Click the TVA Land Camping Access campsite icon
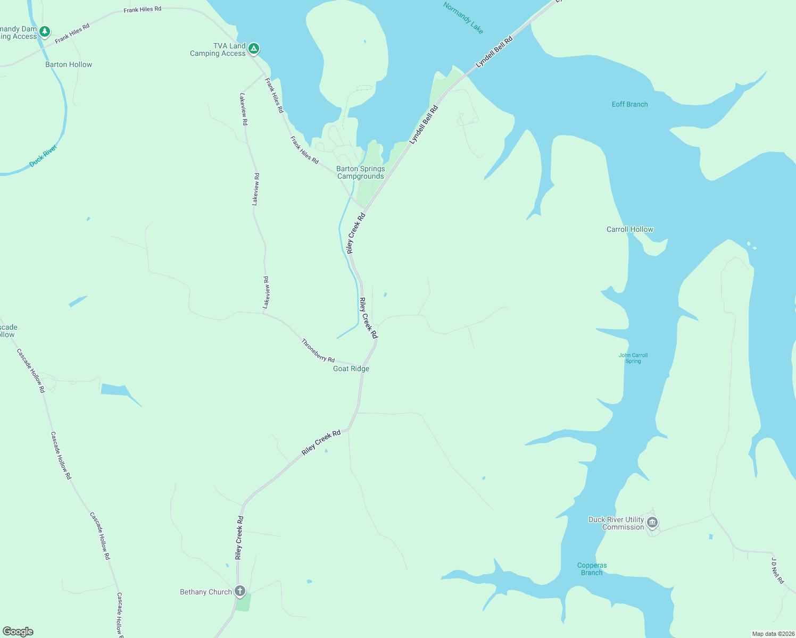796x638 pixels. click(254, 49)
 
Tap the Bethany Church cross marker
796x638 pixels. click(240, 591)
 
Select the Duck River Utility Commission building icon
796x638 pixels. click(652, 523)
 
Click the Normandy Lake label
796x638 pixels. click(463, 18)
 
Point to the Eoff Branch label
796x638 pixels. click(629, 104)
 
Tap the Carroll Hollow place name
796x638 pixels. click(629, 229)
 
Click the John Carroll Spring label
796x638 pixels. click(633, 358)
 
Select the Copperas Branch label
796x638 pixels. click(592, 569)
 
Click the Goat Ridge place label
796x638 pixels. click(351, 368)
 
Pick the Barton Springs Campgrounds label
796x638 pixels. click(360, 172)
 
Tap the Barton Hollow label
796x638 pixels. click(69, 64)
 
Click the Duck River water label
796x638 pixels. click(43, 156)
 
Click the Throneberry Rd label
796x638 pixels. click(318, 350)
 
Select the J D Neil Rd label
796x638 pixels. click(777, 571)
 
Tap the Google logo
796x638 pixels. click(18, 632)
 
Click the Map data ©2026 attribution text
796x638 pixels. click(773, 634)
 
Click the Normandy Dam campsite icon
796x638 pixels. click(45, 32)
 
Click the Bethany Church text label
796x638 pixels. click(205, 592)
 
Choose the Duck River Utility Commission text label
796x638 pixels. click(616, 523)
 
